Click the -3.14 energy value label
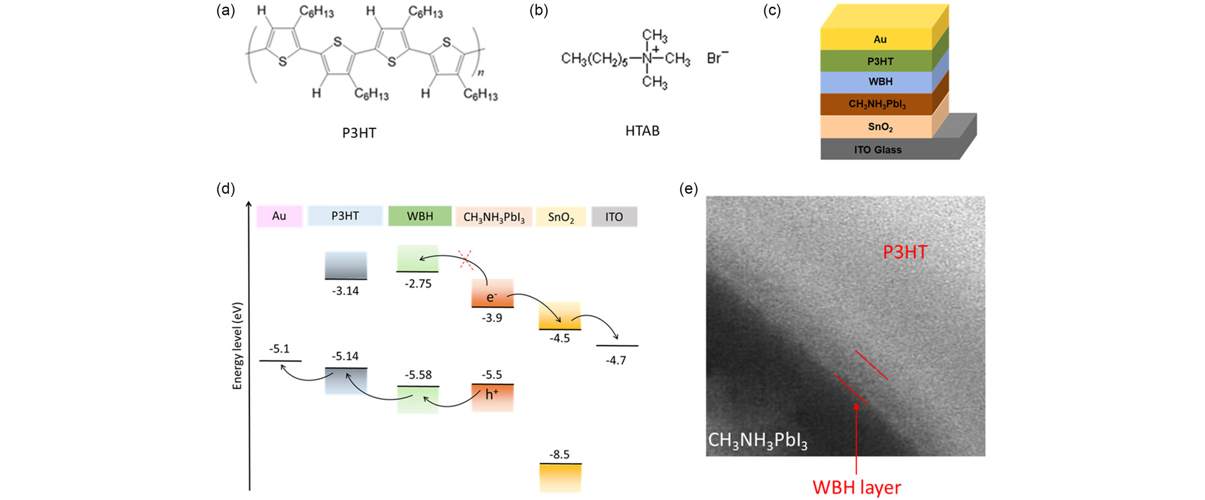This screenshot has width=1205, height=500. pyautogui.click(x=345, y=291)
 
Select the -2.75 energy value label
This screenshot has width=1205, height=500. pyautogui.click(x=418, y=284)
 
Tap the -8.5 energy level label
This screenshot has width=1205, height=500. pyautogui.click(x=559, y=454)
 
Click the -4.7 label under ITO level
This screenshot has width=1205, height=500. pyautogui.click(x=615, y=360)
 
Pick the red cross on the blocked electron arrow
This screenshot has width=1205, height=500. pyautogui.click(x=467, y=260)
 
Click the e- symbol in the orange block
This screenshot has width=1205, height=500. pyautogui.click(x=491, y=297)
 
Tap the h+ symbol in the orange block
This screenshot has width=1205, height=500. pyautogui.click(x=492, y=394)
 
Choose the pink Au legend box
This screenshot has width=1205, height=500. pyautogui.click(x=279, y=216)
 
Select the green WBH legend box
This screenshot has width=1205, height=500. pyautogui.click(x=420, y=216)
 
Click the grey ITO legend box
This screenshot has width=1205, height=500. pyautogui.click(x=614, y=217)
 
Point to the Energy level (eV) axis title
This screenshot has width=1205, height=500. pyautogui.click(x=238, y=346)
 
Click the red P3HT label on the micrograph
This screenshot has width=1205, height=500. pyautogui.click(x=905, y=252)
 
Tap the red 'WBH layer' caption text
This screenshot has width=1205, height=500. pyautogui.click(x=857, y=487)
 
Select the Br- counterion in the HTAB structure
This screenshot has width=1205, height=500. pyautogui.click(x=717, y=57)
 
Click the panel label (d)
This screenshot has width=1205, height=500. pyautogui.click(x=225, y=189)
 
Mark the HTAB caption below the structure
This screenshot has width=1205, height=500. pyautogui.click(x=643, y=131)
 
